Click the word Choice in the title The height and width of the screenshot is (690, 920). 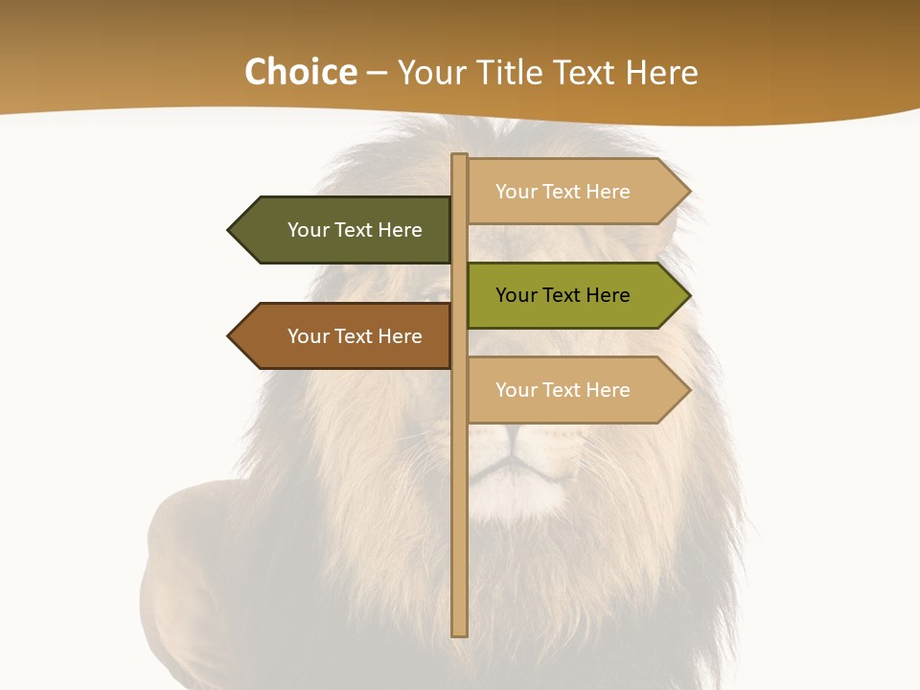300,72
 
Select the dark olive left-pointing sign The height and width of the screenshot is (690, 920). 345,230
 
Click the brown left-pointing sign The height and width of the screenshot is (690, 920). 345,336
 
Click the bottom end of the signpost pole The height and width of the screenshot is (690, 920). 460,632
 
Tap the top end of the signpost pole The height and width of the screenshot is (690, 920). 460,157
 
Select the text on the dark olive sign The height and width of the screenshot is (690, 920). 355,230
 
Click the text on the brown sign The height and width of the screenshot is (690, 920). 355,336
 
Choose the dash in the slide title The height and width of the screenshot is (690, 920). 377,73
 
